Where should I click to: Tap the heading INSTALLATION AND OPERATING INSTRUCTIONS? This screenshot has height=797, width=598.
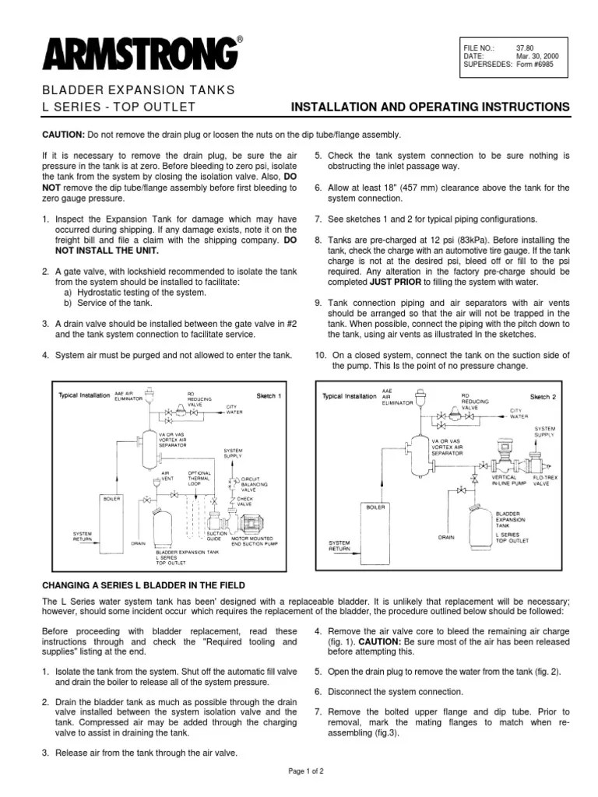pos(430,107)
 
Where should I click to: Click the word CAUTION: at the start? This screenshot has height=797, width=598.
pos(64,135)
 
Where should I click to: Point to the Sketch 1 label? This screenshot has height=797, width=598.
pos(269,395)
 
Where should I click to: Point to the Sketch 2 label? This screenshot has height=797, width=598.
pos(543,396)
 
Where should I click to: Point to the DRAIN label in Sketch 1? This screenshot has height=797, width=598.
pos(139,542)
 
